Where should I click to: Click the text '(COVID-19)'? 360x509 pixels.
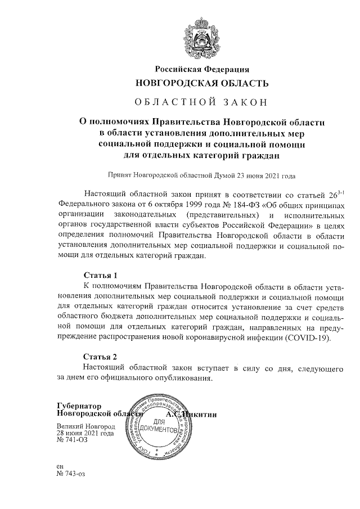coord(304,339)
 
